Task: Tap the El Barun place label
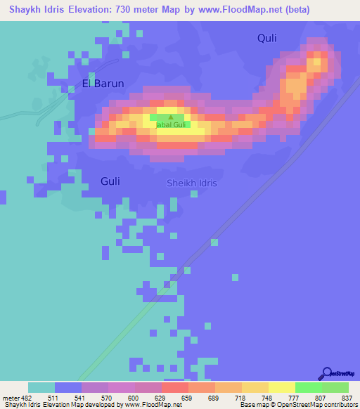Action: (103, 83)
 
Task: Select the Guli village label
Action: (110, 181)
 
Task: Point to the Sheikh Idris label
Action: (191, 183)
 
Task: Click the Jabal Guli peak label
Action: (170, 124)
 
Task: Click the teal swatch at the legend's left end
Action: (41, 387)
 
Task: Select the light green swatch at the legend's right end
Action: (335, 387)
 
